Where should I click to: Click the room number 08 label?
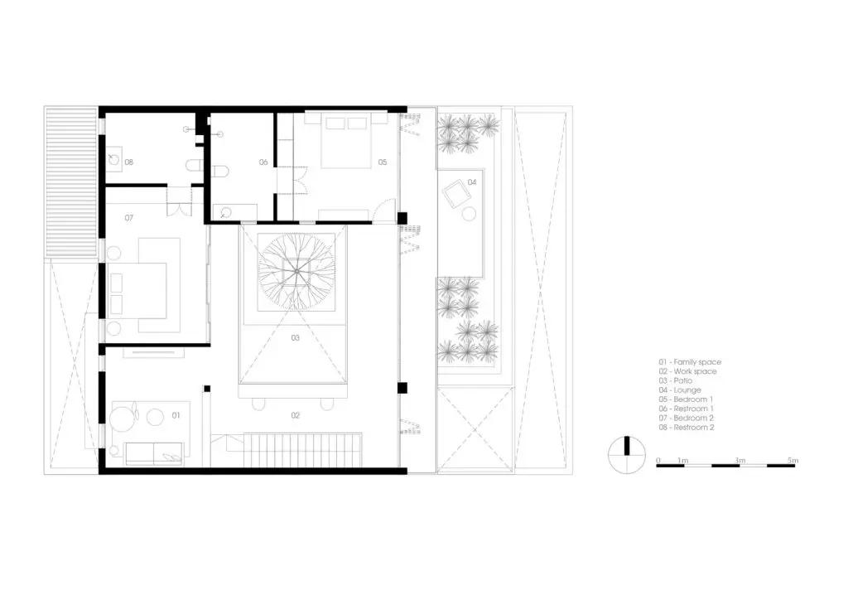click(128, 162)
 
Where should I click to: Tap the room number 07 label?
click(128, 218)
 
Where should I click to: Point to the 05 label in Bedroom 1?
click(383, 162)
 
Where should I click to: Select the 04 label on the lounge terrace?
click(472, 182)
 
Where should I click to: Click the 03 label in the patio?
click(296, 338)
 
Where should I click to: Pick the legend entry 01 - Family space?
click(690, 362)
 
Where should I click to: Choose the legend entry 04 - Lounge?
click(680, 390)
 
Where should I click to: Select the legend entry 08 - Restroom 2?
click(687, 428)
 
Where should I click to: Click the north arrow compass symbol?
click(627, 455)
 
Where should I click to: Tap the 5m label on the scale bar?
click(793, 461)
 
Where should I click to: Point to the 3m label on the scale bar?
click(740, 461)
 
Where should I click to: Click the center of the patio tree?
click(296, 271)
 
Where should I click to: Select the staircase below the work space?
click(302, 450)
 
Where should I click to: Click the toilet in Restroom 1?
click(220, 172)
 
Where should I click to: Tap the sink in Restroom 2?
click(113, 159)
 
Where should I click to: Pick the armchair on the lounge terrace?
click(457, 193)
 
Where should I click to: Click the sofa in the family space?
click(154, 453)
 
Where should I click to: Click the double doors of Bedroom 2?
click(180, 201)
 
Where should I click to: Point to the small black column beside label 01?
click(206, 389)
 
